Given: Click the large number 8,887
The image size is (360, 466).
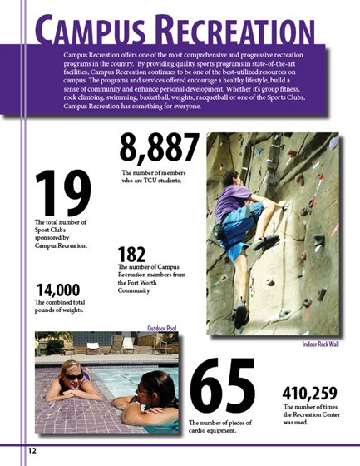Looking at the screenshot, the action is click(x=159, y=148).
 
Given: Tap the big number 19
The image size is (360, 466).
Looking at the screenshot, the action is click(x=62, y=192).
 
